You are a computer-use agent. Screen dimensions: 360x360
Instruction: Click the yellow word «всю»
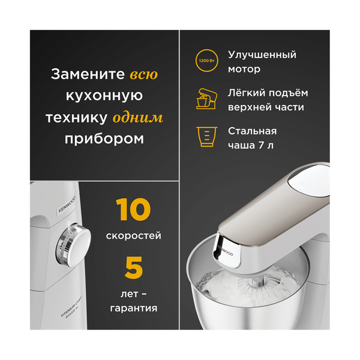[144, 75]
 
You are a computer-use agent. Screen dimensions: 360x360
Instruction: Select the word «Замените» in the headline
[88, 75]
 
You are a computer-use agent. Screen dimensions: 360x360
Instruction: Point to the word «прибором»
[105, 138]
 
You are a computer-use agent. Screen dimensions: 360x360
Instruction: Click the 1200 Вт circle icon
[206, 62]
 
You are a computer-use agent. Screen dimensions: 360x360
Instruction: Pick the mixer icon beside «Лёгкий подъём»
[206, 99]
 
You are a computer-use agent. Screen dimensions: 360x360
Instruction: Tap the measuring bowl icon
[206, 137]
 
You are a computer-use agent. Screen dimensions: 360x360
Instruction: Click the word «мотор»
[244, 69]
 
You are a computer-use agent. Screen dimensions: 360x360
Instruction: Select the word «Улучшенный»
[262, 55]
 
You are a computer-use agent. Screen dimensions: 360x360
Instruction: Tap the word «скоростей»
[133, 236]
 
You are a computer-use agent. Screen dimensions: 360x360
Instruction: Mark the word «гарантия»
[133, 308]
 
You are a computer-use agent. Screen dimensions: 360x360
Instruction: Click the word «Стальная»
[252, 131]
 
